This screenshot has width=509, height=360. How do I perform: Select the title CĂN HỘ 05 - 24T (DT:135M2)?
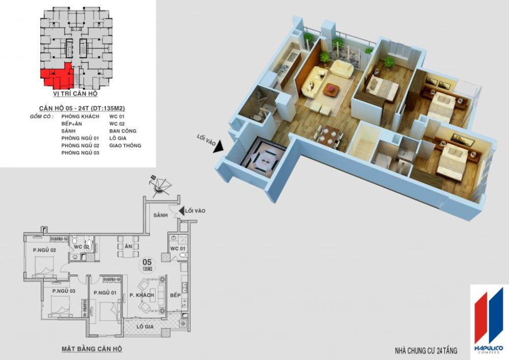[82, 108]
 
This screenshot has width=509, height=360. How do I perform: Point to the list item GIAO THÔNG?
[125, 146]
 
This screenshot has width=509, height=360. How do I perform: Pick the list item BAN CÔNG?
[122, 131]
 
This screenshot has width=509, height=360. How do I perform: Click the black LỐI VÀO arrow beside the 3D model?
[218, 147]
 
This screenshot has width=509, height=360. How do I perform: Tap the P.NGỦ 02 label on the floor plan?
[44, 250]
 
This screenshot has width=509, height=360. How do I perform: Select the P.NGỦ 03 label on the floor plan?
[64, 291]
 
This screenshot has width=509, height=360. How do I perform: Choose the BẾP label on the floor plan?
[175, 295]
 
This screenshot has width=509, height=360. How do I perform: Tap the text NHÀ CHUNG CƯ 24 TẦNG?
[426, 351]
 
